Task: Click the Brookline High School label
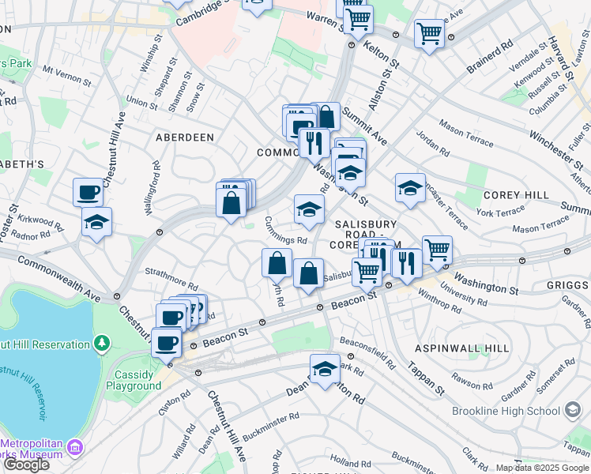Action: point(506,411)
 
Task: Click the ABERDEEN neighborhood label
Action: point(185,137)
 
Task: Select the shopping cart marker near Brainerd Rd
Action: point(430,34)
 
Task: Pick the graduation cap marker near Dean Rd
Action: point(325,370)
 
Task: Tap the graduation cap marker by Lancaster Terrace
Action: point(410,189)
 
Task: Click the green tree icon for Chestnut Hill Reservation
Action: point(101,344)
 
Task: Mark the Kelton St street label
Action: point(382,49)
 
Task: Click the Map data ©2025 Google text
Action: point(541,468)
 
